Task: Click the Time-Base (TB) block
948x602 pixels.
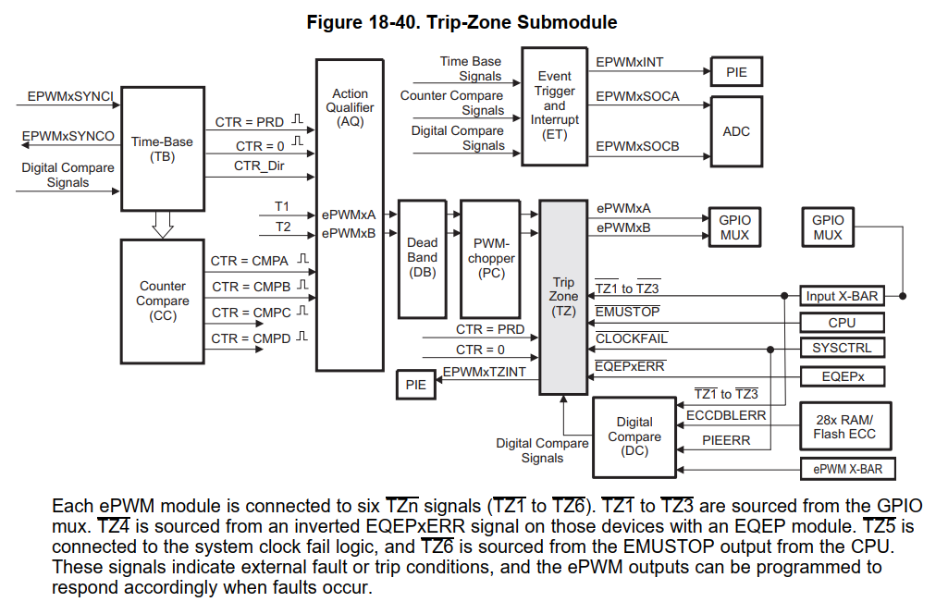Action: coord(162,148)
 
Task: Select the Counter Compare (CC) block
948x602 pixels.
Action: coord(162,301)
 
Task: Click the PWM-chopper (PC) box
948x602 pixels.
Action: coord(491,258)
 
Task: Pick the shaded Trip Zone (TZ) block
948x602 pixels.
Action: coord(563,296)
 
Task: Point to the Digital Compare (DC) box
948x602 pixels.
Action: coord(634,436)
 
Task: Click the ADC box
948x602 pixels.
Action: coord(736,131)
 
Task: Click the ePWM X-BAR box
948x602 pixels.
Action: coord(847,469)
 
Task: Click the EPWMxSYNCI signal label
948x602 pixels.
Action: coord(70,96)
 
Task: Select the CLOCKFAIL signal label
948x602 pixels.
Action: coord(631,339)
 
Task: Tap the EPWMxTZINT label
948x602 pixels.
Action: coord(484,372)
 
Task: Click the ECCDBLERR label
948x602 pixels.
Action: coord(726,416)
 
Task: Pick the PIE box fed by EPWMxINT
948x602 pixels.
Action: coord(736,72)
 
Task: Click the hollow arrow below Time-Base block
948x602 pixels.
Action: coord(163,224)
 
